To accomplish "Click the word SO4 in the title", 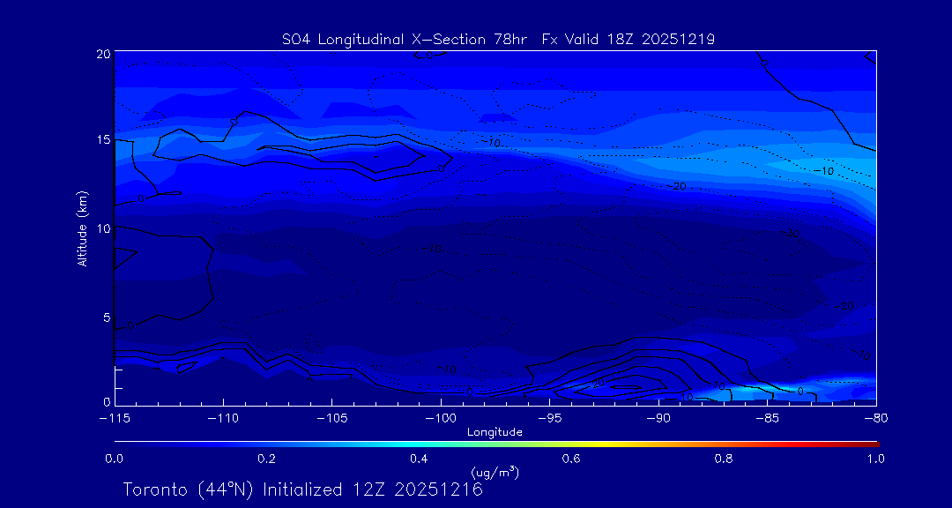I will pos(296,39).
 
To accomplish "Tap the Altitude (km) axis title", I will pos(82,228).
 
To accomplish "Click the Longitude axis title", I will pos(495,432).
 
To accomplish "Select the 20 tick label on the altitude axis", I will pos(103,54).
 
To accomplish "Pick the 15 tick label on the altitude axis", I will pos(103,140).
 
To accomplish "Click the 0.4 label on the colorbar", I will pos(419,459).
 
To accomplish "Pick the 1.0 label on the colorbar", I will pos(876,459).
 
